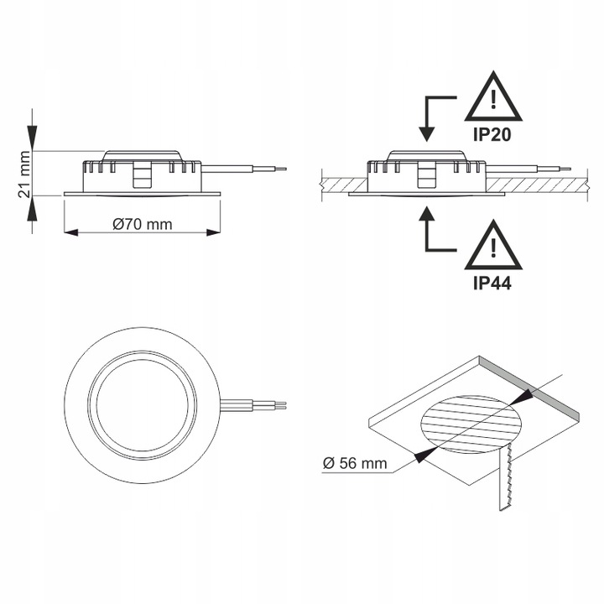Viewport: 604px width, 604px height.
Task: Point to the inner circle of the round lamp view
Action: coord(144,402)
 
